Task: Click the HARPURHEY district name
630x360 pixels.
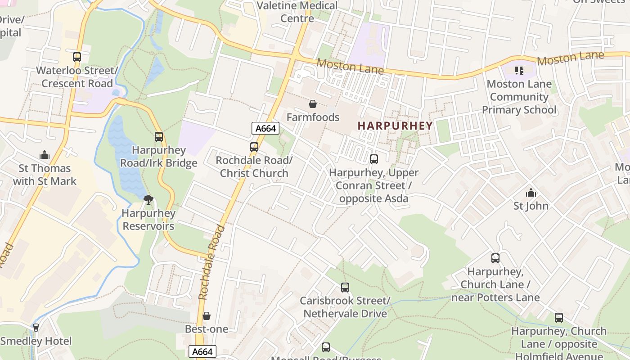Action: point(395,126)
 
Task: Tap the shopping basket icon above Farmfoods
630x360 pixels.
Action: point(313,104)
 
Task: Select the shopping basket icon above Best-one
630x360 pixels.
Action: point(207,316)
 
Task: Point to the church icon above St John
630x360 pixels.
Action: point(531,193)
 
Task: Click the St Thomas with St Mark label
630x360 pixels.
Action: point(45,175)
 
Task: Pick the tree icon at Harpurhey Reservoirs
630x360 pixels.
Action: point(148,200)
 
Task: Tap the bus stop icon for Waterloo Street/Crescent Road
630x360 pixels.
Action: point(77,57)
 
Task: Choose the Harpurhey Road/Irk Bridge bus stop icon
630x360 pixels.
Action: point(159,137)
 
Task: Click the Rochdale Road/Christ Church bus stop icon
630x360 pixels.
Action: point(254,147)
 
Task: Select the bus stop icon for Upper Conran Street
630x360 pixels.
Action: point(374,159)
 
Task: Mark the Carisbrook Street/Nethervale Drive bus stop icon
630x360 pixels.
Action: point(345,288)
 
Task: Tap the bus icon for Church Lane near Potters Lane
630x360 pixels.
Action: point(495,258)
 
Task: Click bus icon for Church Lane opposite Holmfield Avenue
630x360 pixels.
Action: point(559,318)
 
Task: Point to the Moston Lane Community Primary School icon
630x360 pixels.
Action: point(519,71)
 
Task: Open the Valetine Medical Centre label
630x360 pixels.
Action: point(297,12)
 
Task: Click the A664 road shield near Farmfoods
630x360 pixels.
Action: point(265,129)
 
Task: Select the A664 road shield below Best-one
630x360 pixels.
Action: point(202,352)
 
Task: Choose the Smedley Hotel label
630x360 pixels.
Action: point(36,341)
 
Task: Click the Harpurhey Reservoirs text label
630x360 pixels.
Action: point(148,220)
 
